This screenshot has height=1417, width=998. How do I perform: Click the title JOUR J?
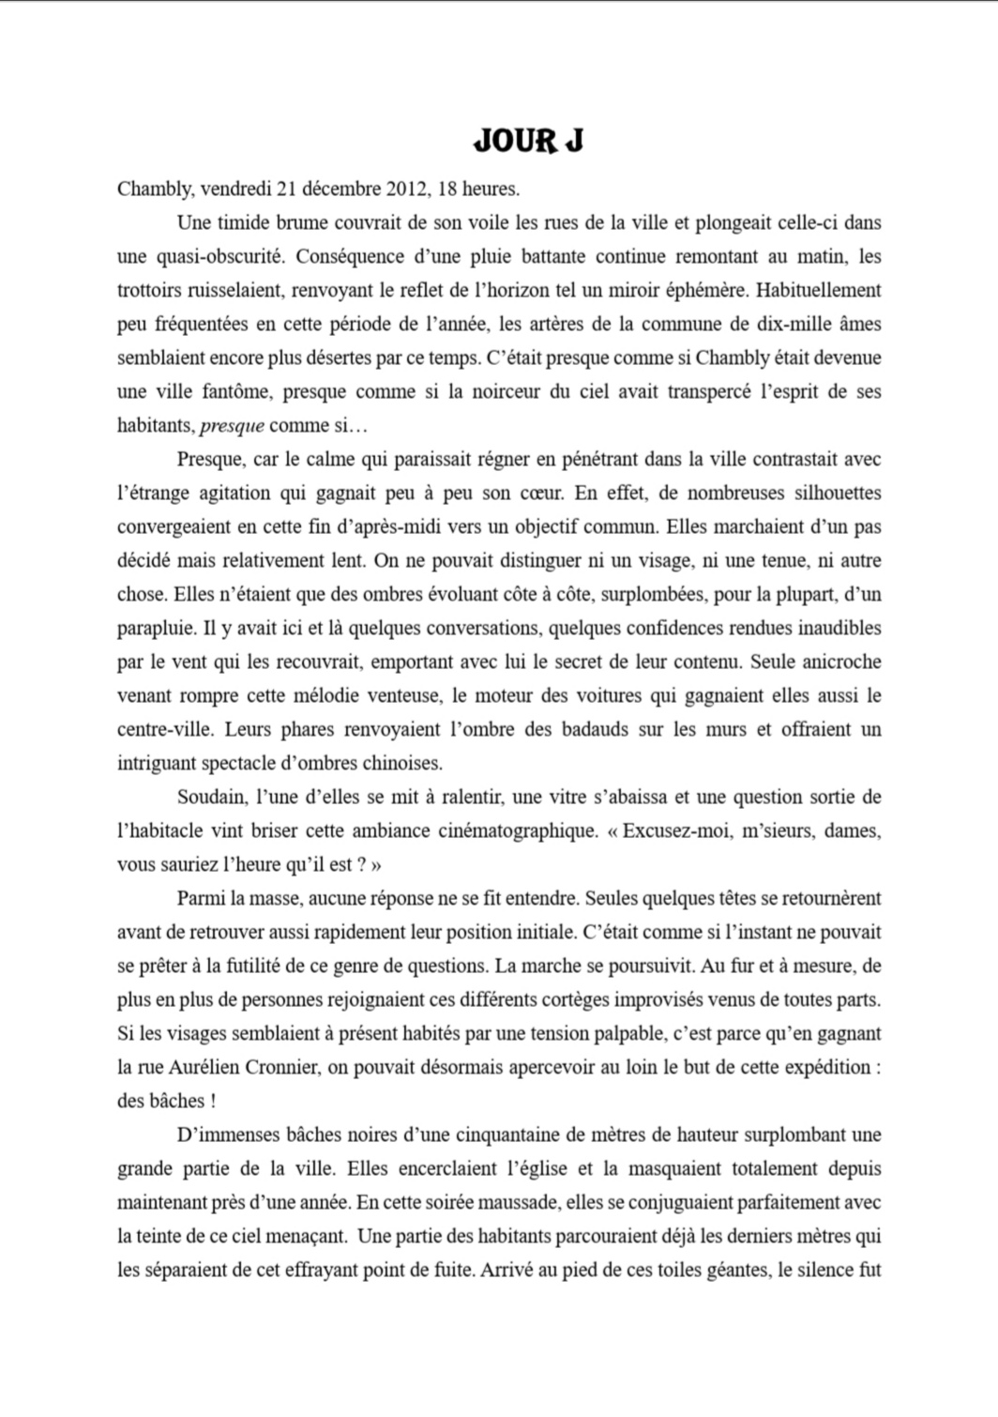(528, 141)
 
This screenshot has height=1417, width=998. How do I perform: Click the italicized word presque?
(232, 426)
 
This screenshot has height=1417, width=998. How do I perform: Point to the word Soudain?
(211, 797)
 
